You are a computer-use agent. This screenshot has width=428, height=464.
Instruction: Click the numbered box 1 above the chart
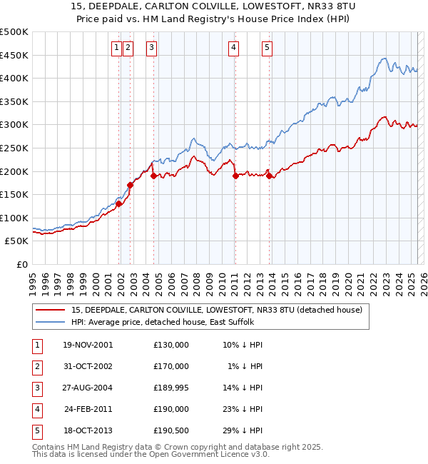click(116, 48)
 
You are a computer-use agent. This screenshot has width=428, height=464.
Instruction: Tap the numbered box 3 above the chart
click(152, 48)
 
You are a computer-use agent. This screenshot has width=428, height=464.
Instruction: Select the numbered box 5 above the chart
click(267, 48)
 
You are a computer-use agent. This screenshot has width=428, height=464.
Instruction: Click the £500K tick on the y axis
click(14, 32)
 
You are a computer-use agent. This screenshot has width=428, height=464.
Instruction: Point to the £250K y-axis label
click(14, 148)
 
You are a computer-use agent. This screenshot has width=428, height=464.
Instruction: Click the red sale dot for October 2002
click(131, 185)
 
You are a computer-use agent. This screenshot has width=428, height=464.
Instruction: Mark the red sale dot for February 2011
click(235, 176)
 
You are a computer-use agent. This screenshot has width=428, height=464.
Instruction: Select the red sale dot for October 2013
click(269, 176)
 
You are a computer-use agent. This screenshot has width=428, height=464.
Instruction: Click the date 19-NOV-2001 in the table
click(87, 345)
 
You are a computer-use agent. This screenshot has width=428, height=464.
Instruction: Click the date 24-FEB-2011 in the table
click(88, 409)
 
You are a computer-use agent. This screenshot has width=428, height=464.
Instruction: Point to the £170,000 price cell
click(171, 366)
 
